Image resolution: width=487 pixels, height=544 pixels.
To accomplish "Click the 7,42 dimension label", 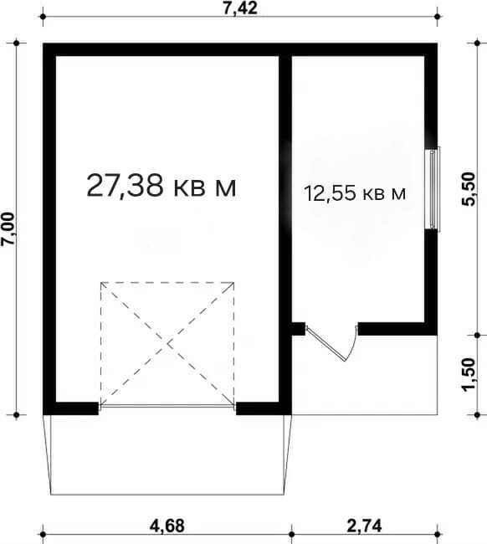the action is pos(240,8).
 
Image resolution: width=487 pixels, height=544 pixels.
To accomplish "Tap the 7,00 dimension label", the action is pos(8,229).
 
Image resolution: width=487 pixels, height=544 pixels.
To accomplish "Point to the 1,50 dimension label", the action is pos(469,375).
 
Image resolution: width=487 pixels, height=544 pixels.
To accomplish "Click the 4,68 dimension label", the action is pos(167,526).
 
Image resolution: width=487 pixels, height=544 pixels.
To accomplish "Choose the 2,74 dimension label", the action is pos(364,526).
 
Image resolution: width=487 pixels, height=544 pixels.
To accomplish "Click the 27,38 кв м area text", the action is pos(161,187).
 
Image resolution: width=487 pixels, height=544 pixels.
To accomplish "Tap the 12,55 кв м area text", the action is pos(355,193).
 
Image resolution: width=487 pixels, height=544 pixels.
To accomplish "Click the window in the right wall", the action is pos(433,189).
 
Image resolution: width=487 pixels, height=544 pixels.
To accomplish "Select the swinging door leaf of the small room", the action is pos(326,343).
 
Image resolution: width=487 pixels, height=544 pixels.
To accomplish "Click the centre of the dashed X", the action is pos(168,344).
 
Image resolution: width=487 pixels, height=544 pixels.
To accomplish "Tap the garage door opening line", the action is pos(167,405).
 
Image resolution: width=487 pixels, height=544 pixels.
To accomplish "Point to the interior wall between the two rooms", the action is pos(285,229).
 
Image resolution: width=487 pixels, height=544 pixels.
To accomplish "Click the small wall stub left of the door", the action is pos(298,329).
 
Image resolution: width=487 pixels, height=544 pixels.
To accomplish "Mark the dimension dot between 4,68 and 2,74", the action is pos(292,534).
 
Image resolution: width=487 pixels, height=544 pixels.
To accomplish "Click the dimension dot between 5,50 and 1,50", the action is pos(477,336).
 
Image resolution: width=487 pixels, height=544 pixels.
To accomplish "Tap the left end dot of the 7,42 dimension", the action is pos(43,17).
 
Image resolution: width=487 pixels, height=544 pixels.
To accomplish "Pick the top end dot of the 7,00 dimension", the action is pos(17,43).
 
